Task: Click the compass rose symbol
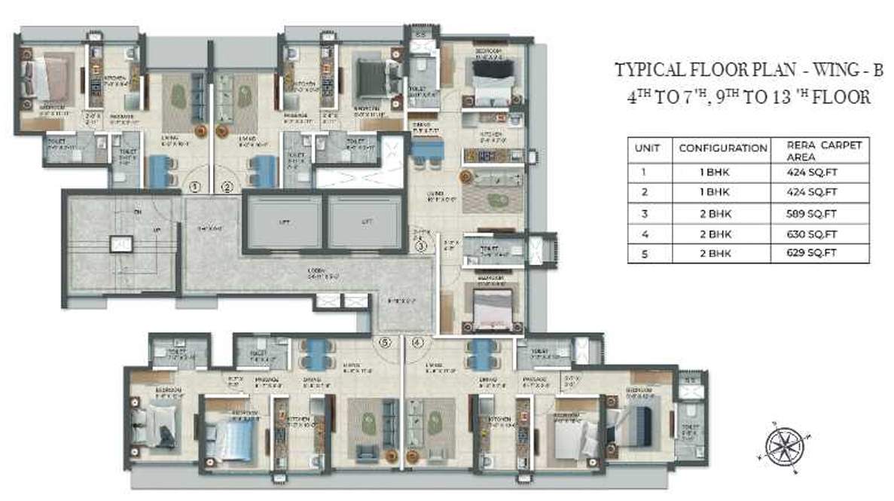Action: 784,445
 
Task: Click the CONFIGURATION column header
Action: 723,148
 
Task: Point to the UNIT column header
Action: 648,148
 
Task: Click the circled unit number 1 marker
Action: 194,187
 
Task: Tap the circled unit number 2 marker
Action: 228,187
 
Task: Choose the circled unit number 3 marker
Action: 421,245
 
